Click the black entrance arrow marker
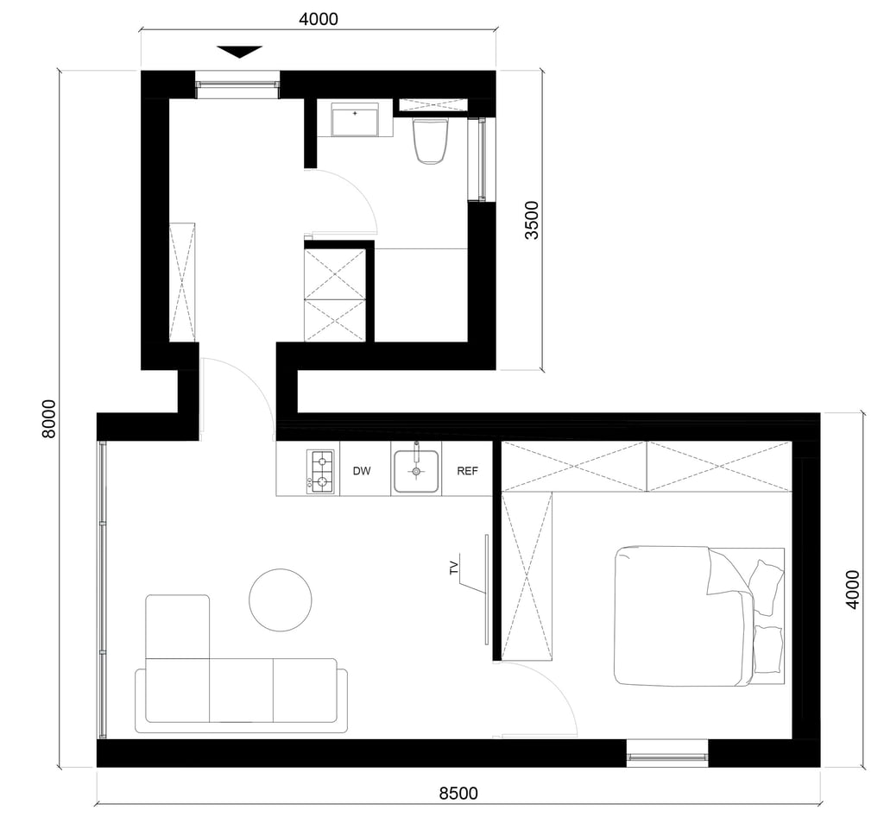pyautogui.click(x=240, y=52)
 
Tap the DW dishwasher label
pyautogui.click(x=362, y=471)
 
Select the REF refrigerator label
pyautogui.click(x=467, y=471)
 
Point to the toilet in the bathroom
pyautogui.click(x=431, y=141)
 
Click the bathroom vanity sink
pyautogui.click(x=355, y=119)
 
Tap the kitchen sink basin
pyautogui.click(x=416, y=471)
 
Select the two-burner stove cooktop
pyautogui.click(x=320, y=472)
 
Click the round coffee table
pyautogui.click(x=281, y=600)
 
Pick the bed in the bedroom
pyautogui.click(x=699, y=616)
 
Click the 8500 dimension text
pyautogui.click(x=458, y=794)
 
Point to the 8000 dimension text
pyautogui.click(x=49, y=418)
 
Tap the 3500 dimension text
pyautogui.click(x=532, y=220)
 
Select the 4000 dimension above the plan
pyautogui.click(x=319, y=19)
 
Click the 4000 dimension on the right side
pyautogui.click(x=853, y=589)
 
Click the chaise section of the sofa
pyautogui.click(x=178, y=626)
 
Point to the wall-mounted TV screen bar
pyautogui.click(x=486, y=589)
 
